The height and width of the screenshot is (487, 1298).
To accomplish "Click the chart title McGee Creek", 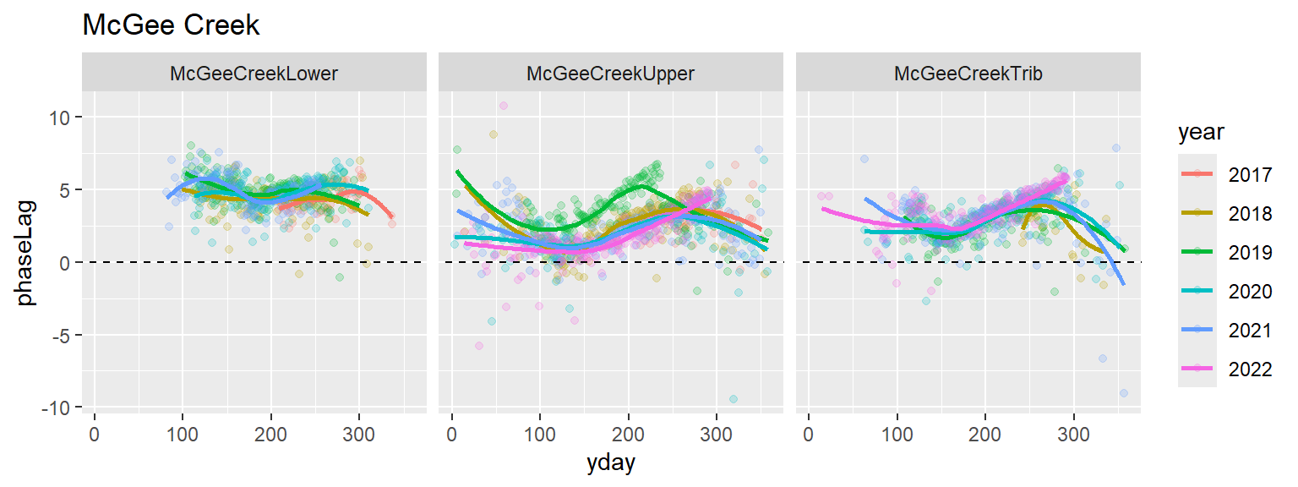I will coord(171,26).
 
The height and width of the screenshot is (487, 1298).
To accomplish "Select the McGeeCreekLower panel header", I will coord(254,74).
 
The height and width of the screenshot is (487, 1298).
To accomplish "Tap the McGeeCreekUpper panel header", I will coord(610,74).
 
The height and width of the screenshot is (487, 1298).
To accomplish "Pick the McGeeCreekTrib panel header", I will coord(968,74).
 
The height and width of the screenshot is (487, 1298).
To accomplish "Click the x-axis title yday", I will coord(612,463).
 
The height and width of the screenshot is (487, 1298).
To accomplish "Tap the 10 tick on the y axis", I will coord(60,117).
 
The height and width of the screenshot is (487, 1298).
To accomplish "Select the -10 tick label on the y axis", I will coord(56,408).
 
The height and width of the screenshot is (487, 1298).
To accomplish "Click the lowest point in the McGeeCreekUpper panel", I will coord(734,399).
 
